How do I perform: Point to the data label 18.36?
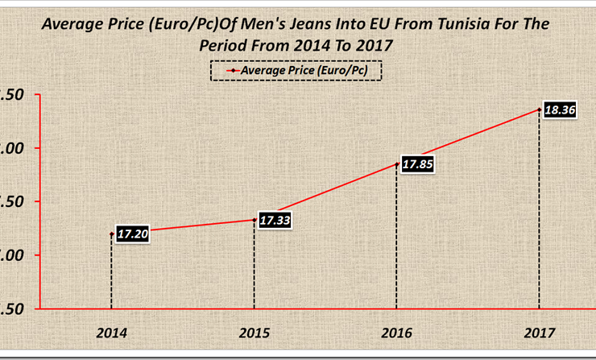tap(559, 110)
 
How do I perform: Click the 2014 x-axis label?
tap(111, 332)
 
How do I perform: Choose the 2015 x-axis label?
tap(254, 332)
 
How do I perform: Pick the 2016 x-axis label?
tap(396, 332)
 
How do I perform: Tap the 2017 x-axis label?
tap(539, 332)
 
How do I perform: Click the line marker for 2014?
tap(111, 234)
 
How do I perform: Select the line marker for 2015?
tap(254, 220)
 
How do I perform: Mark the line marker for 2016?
tap(396, 164)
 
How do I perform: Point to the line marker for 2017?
tap(539, 110)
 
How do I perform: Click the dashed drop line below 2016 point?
tap(396, 242)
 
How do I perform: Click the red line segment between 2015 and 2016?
tap(325, 192)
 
